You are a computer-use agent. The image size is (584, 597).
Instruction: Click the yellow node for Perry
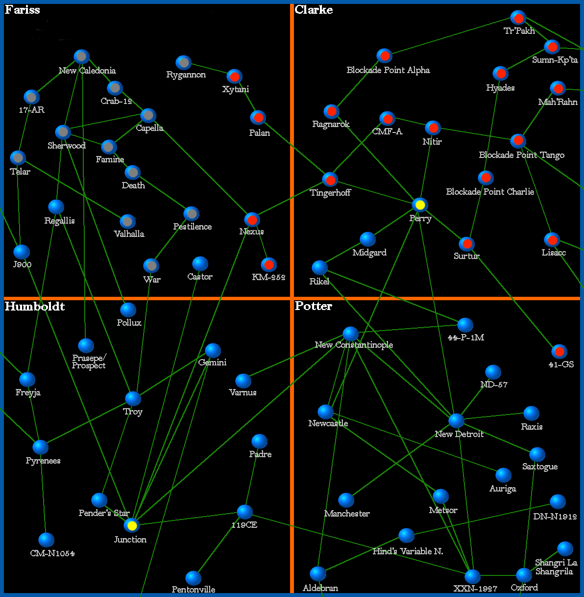click(x=420, y=205)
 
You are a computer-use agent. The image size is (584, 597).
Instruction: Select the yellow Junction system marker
click(x=131, y=525)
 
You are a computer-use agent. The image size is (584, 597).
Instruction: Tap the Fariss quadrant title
click(x=23, y=10)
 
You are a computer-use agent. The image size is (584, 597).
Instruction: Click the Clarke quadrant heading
click(x=314, y=10)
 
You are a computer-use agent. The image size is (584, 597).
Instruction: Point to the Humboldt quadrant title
click(x=35, y=307)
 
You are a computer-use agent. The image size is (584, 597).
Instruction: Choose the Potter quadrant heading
click(x=314, y=306)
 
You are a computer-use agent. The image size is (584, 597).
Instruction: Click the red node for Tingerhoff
click(x=330, y=180)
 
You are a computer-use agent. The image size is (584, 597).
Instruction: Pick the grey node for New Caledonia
click(x=81, y=56)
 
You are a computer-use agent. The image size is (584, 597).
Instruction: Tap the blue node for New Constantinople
click(x=350, y=334)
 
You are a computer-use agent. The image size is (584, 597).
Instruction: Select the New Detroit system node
click(x=456, y=421)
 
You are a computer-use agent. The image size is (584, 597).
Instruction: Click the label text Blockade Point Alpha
click(x=388, y=70)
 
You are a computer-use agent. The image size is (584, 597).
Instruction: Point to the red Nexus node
click(x=252, y=219)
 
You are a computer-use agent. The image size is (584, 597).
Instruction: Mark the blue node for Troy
click(x=133, y=399)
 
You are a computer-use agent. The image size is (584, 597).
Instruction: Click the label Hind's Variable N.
click(x=408, y=551)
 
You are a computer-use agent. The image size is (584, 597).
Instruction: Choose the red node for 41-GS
click(x=559, y=352)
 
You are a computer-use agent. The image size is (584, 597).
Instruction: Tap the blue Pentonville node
click(x=194, y=578)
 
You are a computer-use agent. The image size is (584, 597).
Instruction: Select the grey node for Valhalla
click(x=127, y=221)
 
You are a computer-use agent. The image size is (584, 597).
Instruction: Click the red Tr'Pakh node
click(x=518, y=18)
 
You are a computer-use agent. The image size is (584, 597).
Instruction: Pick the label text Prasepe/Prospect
click(x=89, y=362)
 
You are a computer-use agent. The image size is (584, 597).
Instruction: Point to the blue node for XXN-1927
click(x=472, y=576)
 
